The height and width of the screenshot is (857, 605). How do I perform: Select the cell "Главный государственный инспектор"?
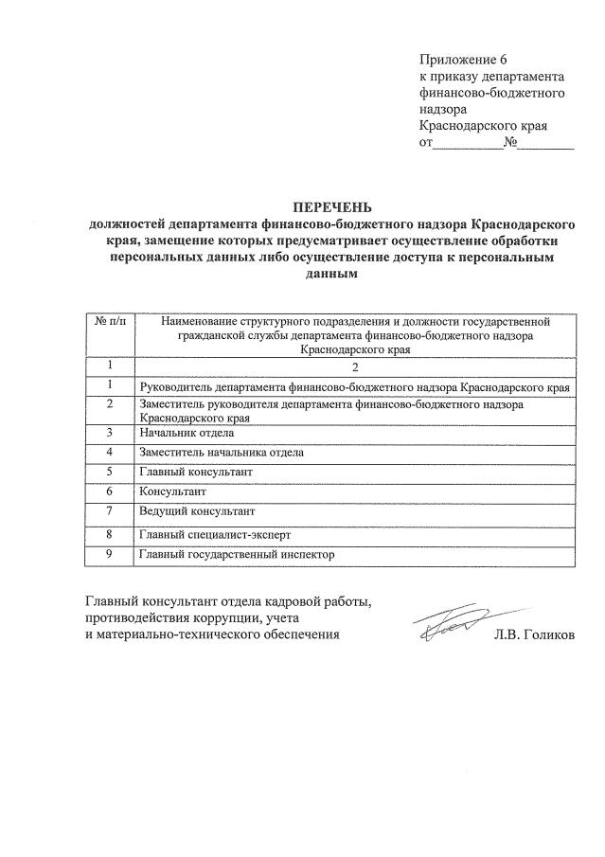click(237, 554)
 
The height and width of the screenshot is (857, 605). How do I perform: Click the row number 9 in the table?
click(111, 554)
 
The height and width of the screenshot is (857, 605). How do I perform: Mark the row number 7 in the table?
click(111, 512)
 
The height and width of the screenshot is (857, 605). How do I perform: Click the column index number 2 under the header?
click(355, 366)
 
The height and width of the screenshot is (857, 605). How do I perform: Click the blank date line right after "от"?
click(468, 145)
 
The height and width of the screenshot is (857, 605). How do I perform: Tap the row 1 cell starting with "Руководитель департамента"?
click(354, 386)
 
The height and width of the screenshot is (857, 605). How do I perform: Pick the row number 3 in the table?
click(111, 433)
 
